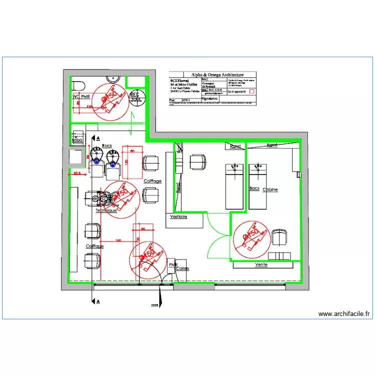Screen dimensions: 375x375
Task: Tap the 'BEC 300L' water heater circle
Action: [x=135, y=96]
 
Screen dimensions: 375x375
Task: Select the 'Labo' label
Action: [x=77, y=140]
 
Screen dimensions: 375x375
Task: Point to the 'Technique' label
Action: [x=106, y=211]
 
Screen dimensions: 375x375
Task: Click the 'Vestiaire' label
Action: [x=178, y=217]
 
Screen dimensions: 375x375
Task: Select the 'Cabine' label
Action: [x=270, y=190]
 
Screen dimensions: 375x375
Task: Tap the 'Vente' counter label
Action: [x=261, y=264]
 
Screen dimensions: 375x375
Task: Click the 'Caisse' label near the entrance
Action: [x=182, y=268]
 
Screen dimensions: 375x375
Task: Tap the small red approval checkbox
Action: [x=252, y=91]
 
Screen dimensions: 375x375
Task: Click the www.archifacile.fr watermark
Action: [x=344, y=314]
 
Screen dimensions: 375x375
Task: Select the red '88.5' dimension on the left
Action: [x=77, y=173]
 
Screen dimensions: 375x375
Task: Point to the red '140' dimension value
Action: [x=118, y=241]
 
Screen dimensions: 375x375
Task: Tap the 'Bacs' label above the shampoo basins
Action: [x=107, y=145]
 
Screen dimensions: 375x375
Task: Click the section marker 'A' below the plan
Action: [x=97, y=301]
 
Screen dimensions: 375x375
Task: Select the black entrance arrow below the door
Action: [x=159, y=300]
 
